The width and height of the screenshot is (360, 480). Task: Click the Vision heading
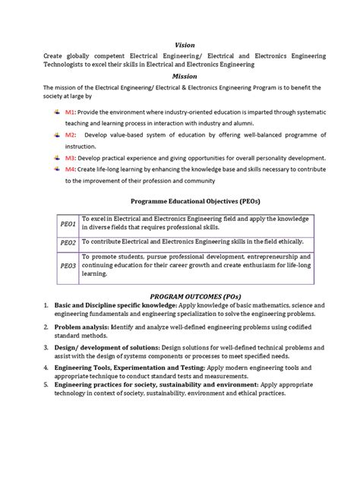(185, 45)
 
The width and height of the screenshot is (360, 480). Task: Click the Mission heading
(185, 77)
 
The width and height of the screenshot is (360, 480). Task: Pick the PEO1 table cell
(68, 225)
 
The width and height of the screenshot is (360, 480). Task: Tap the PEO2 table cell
(68, 242)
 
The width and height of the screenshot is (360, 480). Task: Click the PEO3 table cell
(68, 266)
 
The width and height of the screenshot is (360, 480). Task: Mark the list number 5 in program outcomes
(46, 384)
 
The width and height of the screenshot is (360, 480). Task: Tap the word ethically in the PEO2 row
(289, 242)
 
